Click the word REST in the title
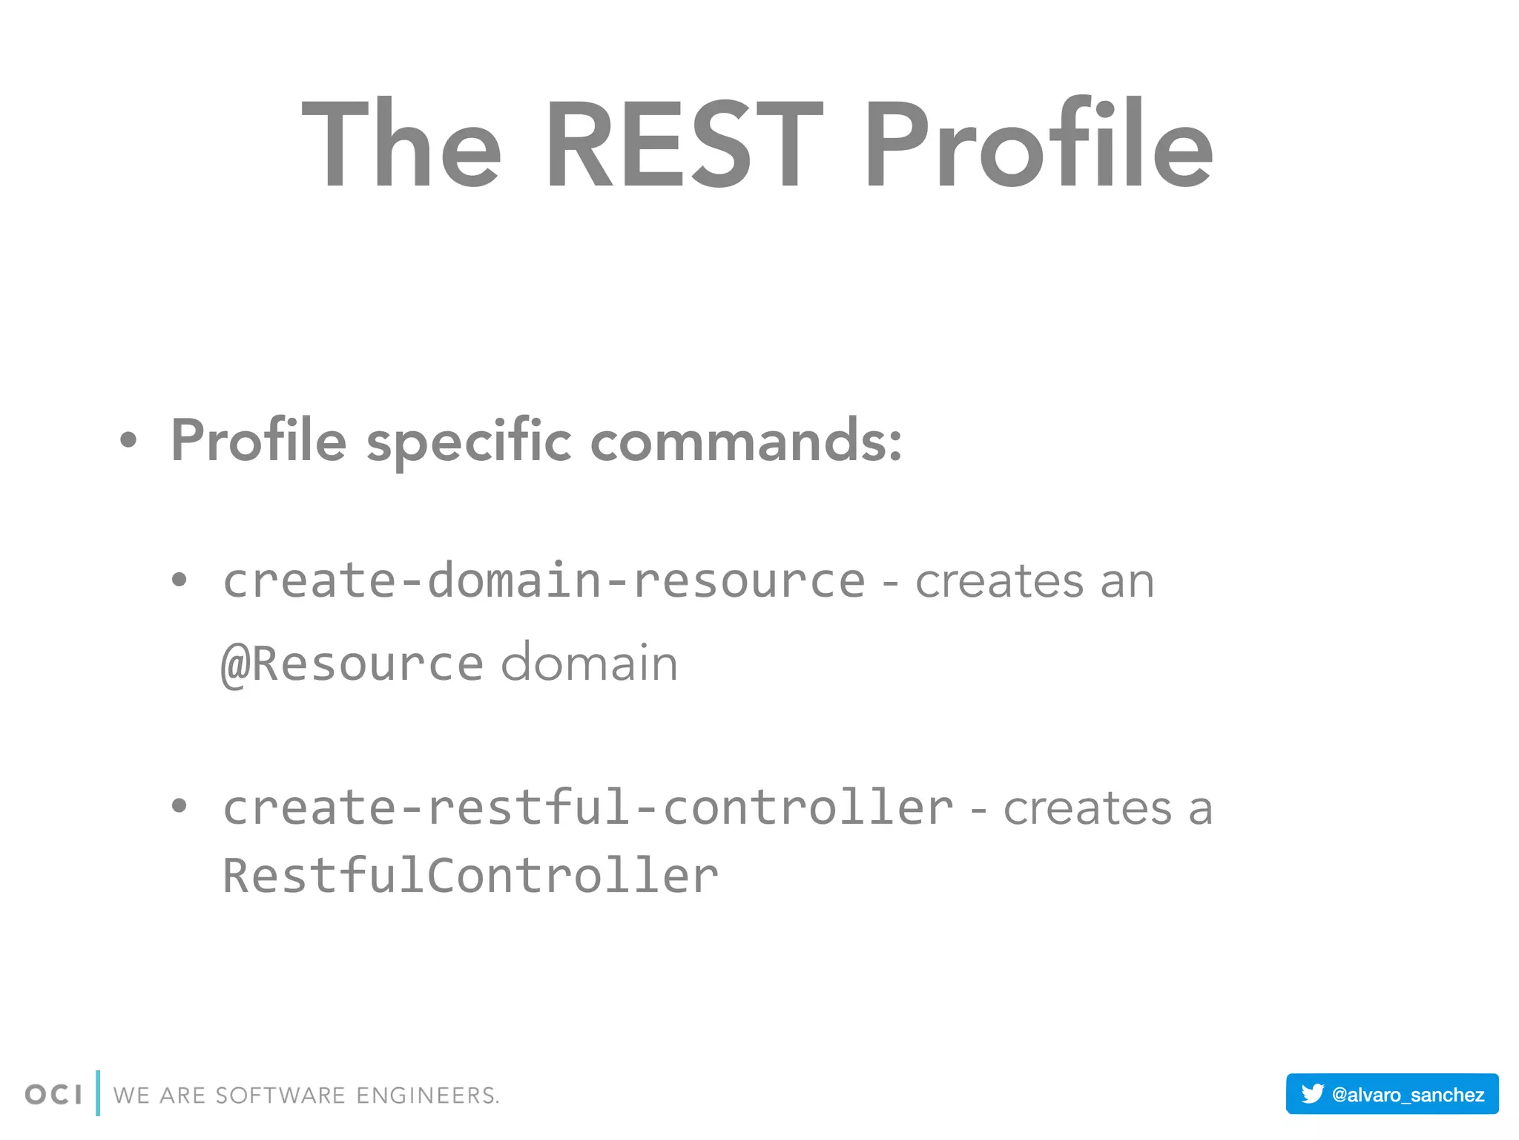pyautogui.click(x=683, y=145)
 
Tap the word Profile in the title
pyautogui.click(x=1038, y=145)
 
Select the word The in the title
pyautogui.click(x=401, y=145)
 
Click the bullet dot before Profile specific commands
pyautogui.click(x=128, y=440)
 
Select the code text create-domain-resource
pyautogui.click(x=544, y=580)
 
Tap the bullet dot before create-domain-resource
pyautogui.click(x=179, y=580)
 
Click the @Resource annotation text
pyautogui.click(x=352, y=663)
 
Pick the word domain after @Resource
pyautogui.click(x=590, y=663)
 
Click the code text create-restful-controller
pyautogui.click(x=588, y=807)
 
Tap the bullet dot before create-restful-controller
pyautogui.click(x=179, y=806)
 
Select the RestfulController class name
pyautogui.click(x=470, y=876)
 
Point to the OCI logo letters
pyautogui.click(x=53, y=1095)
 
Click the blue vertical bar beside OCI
pyautogui.click(x=98, y=1093)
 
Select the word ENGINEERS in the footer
pyautogui.click(x=426, y=1095)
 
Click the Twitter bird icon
pyautogui.click(x=1312, y=1093)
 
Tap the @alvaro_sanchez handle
pyautogui.click(x=1408, y=1095)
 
